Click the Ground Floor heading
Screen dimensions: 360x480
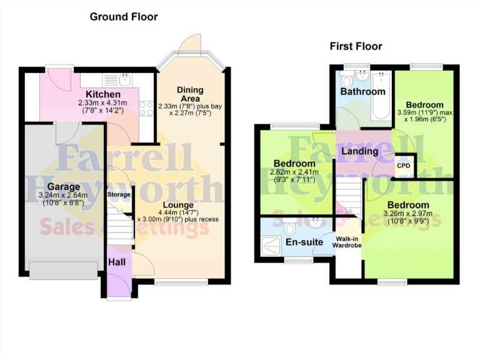(124, 17)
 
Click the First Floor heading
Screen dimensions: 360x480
(356, 46)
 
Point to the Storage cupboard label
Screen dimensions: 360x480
(119, 194)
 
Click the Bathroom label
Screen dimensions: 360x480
(362, 91)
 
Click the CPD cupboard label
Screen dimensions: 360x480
(404, 166)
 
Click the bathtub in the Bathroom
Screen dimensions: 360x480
(381, 97)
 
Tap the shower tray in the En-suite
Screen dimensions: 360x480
(272, 245)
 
